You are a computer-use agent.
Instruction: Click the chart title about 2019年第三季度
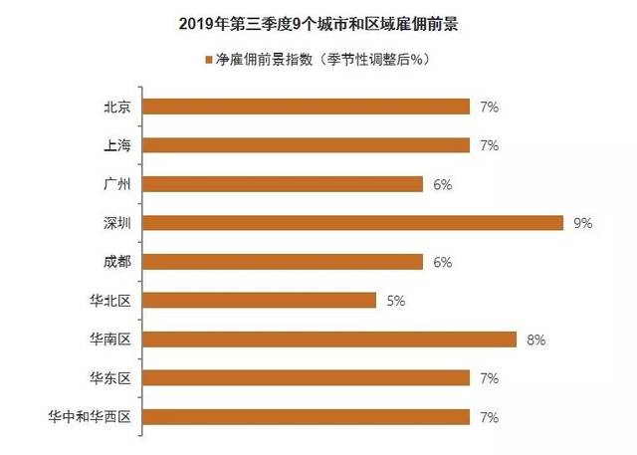point(318,22)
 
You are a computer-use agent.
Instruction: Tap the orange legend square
point(207,60)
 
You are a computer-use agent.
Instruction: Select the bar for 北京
point(307,107)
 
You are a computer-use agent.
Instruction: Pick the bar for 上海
point(307,145)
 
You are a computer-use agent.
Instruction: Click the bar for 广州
point(284,184)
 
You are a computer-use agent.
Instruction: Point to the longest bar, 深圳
point(353,223)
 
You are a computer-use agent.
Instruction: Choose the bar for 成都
point(284,262)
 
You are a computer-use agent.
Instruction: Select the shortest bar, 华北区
point(261,301)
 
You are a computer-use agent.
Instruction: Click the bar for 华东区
point(307,378)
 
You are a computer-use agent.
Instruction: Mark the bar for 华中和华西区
point(307,416)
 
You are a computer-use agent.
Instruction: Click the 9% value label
point(583,223)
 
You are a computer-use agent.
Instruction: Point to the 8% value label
point(536,340)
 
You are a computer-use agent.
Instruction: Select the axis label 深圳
point(118,223)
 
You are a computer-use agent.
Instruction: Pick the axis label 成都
point(118,262)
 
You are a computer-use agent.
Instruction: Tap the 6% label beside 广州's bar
point(443,184)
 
